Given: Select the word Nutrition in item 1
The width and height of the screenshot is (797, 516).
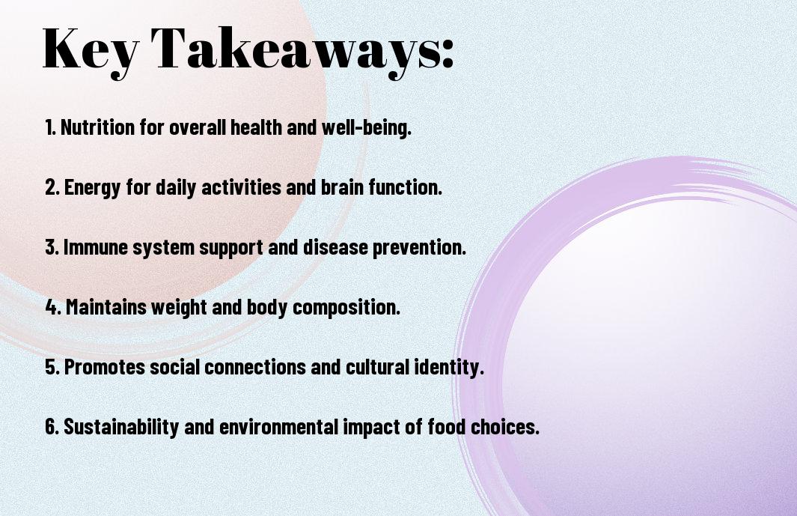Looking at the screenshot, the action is (97, 127).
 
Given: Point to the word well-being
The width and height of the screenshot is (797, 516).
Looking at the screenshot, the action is (366, 127).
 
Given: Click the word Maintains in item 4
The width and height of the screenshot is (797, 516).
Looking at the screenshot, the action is (106, 307).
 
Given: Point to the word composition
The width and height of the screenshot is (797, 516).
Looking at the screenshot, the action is (346, 307).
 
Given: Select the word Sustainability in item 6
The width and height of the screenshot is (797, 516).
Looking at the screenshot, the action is (121, 427).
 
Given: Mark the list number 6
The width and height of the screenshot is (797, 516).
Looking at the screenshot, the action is (52, 427).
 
